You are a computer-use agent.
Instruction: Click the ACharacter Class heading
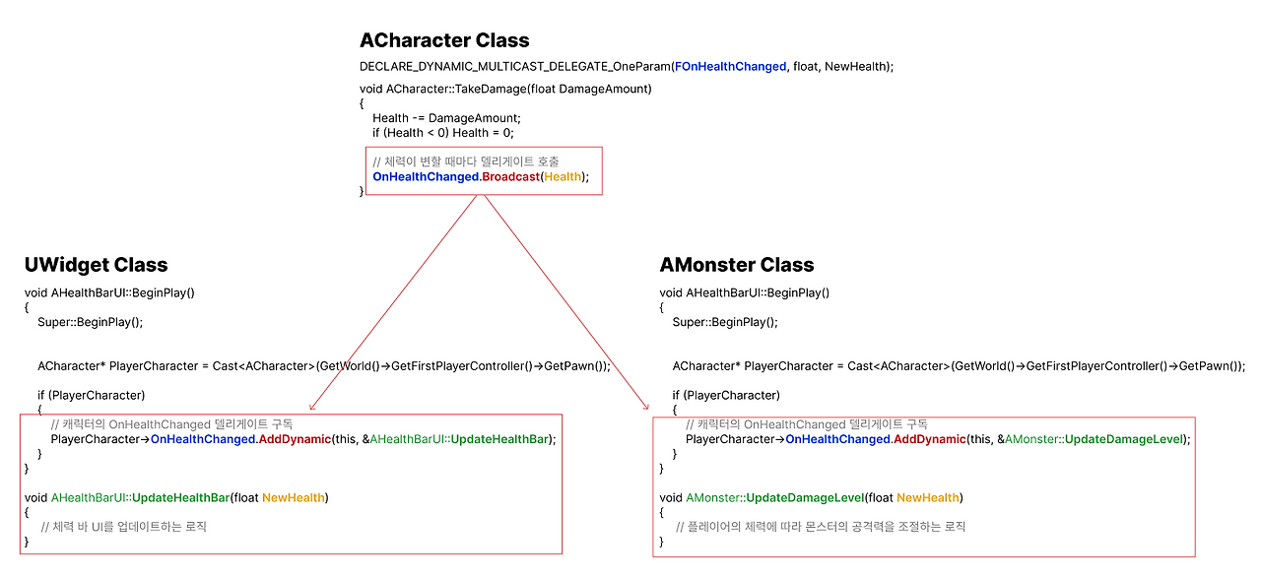(x=444, y=40)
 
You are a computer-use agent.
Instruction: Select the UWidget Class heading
(x=96, y=265)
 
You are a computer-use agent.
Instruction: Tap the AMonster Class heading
(x=736, y=265)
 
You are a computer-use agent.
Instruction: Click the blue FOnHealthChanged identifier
(x=730, y=66)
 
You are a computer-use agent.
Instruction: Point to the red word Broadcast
(x=510, y=176)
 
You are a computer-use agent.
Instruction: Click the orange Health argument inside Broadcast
(x=563, y=176)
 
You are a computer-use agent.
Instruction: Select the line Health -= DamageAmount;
(x=446, y=118)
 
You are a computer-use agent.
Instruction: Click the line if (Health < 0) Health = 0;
(x=443, y=133)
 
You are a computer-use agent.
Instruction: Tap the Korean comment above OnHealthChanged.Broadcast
(x=466, y=161)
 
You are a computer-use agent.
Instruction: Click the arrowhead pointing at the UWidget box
(x=311, y=408)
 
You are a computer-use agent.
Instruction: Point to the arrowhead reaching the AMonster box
(x=647, y=408)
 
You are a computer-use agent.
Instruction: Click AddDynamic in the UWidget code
(x=295, y=439)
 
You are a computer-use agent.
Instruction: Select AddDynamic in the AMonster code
(x=930, y=439)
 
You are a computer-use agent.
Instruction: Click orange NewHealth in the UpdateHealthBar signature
(x=294, y=497)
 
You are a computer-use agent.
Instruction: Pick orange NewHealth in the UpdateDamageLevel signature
(x=928, y=497)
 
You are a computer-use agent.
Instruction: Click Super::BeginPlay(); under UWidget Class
(x=90, y=322)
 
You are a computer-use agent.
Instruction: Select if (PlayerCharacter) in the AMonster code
(x=726, y=395)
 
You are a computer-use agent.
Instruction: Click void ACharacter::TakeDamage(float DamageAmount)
(x=505, y=89)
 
